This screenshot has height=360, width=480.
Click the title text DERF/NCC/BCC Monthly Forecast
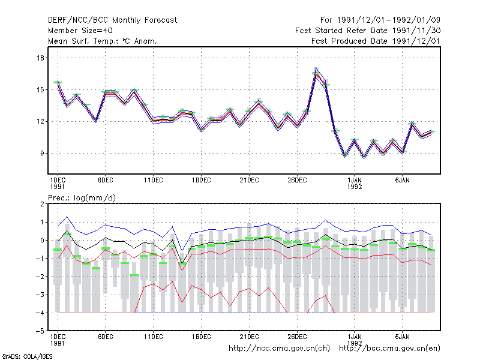(x=112, y=20)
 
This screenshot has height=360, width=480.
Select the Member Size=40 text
(x=80, y=31)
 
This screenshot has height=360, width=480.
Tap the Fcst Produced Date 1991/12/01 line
(x=376, y=41)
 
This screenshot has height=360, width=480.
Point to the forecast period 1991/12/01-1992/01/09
(x=380, y=20)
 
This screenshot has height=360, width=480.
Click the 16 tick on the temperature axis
(x=41, y=58)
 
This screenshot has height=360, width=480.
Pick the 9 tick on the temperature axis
(x=42, y=153)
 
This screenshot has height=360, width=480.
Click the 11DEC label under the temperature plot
(x=154, y=181)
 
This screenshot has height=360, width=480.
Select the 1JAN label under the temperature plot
(x=355, y=181)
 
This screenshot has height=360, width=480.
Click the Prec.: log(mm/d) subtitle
(x=82, y=198)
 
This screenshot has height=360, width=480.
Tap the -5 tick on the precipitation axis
(x=40, y=331)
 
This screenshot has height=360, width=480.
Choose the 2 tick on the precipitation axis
(x=42, y=204)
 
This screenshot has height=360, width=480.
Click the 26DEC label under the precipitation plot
(x=297, y=337)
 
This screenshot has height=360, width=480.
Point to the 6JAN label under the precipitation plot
(x=402, y=337)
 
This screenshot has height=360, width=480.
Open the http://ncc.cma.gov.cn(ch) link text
(x=279, y=349)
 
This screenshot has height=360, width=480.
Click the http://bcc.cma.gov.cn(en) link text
(x=389, y=349)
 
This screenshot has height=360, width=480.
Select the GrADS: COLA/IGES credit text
(x=27, y=356)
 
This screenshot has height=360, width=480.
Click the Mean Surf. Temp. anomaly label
(x=103, y=41)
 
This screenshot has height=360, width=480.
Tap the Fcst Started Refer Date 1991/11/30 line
(x=368, y=31)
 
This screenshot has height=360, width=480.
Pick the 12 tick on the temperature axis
(x=41, y=122)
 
